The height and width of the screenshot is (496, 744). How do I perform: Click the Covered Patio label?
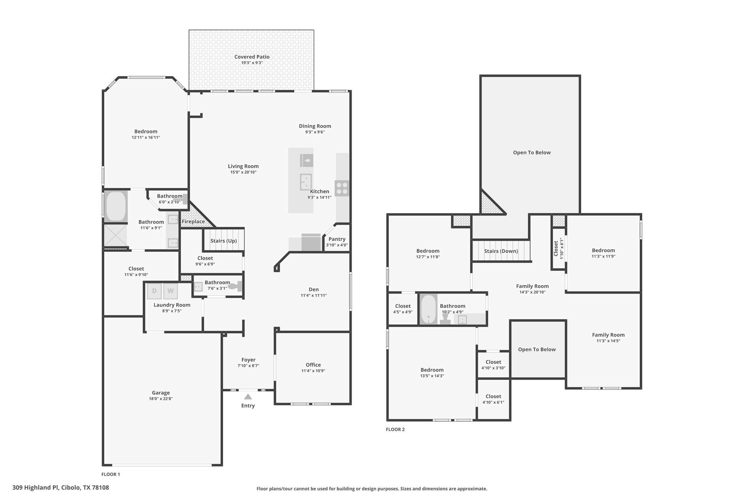pos(252,57)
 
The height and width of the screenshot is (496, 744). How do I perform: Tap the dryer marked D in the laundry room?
pos(154,291)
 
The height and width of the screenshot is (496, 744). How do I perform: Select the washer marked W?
pos(170,291)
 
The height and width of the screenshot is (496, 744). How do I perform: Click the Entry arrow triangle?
pos(248,396)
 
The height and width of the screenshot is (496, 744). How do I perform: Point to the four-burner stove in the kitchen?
pos(342,188)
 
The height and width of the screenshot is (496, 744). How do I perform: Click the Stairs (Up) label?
pos(223,241)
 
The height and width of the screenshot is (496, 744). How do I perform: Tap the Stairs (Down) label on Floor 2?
pos(501,251)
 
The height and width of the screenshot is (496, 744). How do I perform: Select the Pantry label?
pos(337,239)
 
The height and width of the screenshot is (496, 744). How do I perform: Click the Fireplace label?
pos(193,222)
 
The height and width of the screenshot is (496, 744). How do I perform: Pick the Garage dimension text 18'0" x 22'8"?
pos(161,399)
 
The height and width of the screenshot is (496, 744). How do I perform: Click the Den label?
pos(314,290)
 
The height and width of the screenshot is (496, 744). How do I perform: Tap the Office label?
pos(313,365)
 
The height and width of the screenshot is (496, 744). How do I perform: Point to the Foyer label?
pos(248,360)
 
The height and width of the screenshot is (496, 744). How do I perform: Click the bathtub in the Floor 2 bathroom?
pos(429,309)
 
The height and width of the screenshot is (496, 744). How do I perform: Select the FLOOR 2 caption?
pos(395,430)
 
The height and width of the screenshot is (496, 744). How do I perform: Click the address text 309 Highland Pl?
pos(35,488)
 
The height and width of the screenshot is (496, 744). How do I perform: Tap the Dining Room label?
pos(315,126)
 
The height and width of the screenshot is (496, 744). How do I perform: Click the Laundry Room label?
pos(172,305)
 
